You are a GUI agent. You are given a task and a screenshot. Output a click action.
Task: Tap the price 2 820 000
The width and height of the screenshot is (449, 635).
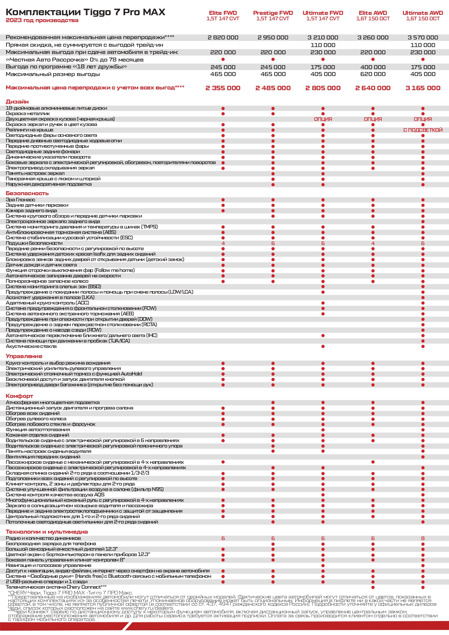(x=223, y=37)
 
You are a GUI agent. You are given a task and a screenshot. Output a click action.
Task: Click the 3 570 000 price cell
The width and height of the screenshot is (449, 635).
(x=423, y=37)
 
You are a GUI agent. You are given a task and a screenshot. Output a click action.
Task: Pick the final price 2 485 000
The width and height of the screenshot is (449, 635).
(x=273, y=88)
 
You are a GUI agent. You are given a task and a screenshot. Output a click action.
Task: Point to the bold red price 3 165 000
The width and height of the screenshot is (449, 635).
(x=423, y=88)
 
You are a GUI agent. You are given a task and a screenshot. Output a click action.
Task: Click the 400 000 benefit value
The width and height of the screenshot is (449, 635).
(x=373, y=67)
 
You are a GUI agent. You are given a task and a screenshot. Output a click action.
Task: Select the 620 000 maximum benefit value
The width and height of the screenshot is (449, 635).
(x=373, y=74)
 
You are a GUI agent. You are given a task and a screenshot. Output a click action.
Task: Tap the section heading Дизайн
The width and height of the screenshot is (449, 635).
(x=17, y=102)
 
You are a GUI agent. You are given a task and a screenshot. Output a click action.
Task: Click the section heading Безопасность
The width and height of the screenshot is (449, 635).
(x=27, y=193)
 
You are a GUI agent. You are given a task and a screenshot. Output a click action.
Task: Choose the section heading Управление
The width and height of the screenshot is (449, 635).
(x=24, y=356)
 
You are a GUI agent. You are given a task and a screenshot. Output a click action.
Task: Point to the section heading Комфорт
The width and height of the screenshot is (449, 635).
(x=19, y=396)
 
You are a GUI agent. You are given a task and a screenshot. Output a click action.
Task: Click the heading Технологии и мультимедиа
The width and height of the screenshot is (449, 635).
(x=47, y=532)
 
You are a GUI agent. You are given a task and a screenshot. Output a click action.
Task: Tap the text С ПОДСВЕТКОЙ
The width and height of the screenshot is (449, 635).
(x=423, y=130)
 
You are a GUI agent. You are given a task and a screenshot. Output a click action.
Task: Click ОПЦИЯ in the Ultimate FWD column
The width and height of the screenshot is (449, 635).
(x=323, y=119)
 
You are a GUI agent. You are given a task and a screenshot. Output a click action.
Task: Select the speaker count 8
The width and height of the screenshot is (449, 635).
(x=423, y=538)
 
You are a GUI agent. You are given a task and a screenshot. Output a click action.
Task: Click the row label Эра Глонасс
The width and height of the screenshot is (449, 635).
(x=20, y=200)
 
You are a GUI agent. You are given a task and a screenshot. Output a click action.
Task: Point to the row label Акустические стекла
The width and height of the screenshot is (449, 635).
(x=31, y=346)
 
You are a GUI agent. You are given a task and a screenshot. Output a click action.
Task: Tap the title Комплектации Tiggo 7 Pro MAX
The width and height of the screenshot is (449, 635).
(x=85, y=12)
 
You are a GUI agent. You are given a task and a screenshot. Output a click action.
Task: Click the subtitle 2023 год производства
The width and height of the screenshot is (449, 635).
(x=42, y=21)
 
